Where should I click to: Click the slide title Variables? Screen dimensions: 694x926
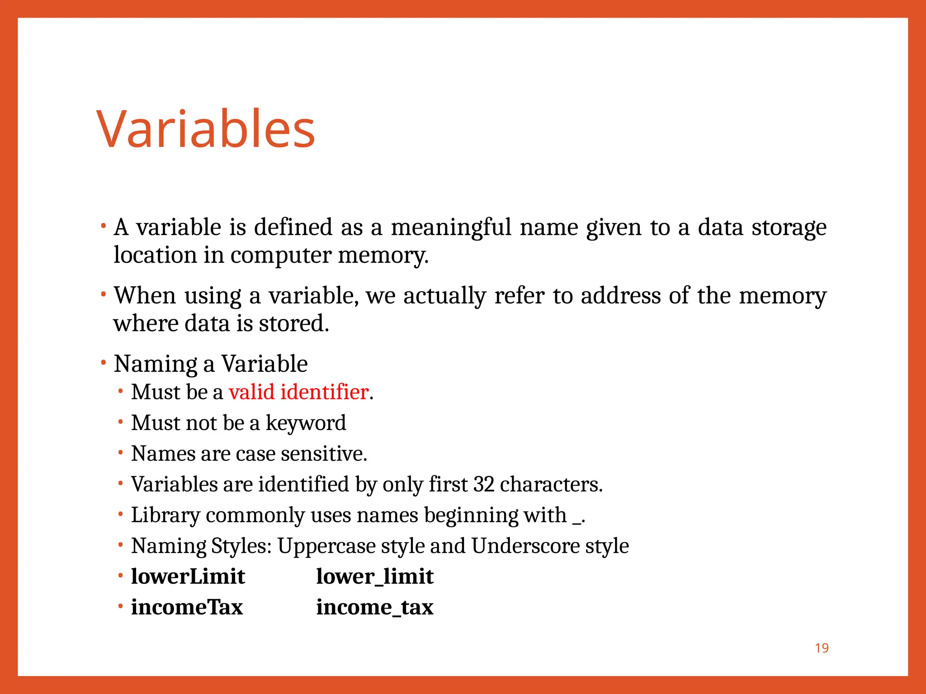click(x=206, y=129)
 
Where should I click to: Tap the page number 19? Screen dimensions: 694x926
click(x=822, y=648)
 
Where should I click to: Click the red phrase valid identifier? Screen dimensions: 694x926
click(x=298, y=392)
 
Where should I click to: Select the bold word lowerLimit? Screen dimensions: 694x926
click(x=188, y=577)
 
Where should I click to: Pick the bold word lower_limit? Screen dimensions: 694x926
click(x=374, y=577)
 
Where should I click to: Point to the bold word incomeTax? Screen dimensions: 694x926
click(x=187, y=607)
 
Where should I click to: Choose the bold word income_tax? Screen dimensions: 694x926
click(x=374, y=607)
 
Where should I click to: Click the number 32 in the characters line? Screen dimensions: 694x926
click(x=483, y=484)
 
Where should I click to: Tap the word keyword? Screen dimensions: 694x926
click(x=306, y=423)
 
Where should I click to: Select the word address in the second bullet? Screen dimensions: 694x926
click(x=620, y=296)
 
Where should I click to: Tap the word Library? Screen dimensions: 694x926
click(x=165, y=516)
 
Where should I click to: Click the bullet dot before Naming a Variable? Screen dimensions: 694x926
click(x=104, y=362)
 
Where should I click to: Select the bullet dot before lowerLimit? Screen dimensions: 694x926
click(x=121, y=576)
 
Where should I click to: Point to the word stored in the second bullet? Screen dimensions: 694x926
click(x=293, y=324)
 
